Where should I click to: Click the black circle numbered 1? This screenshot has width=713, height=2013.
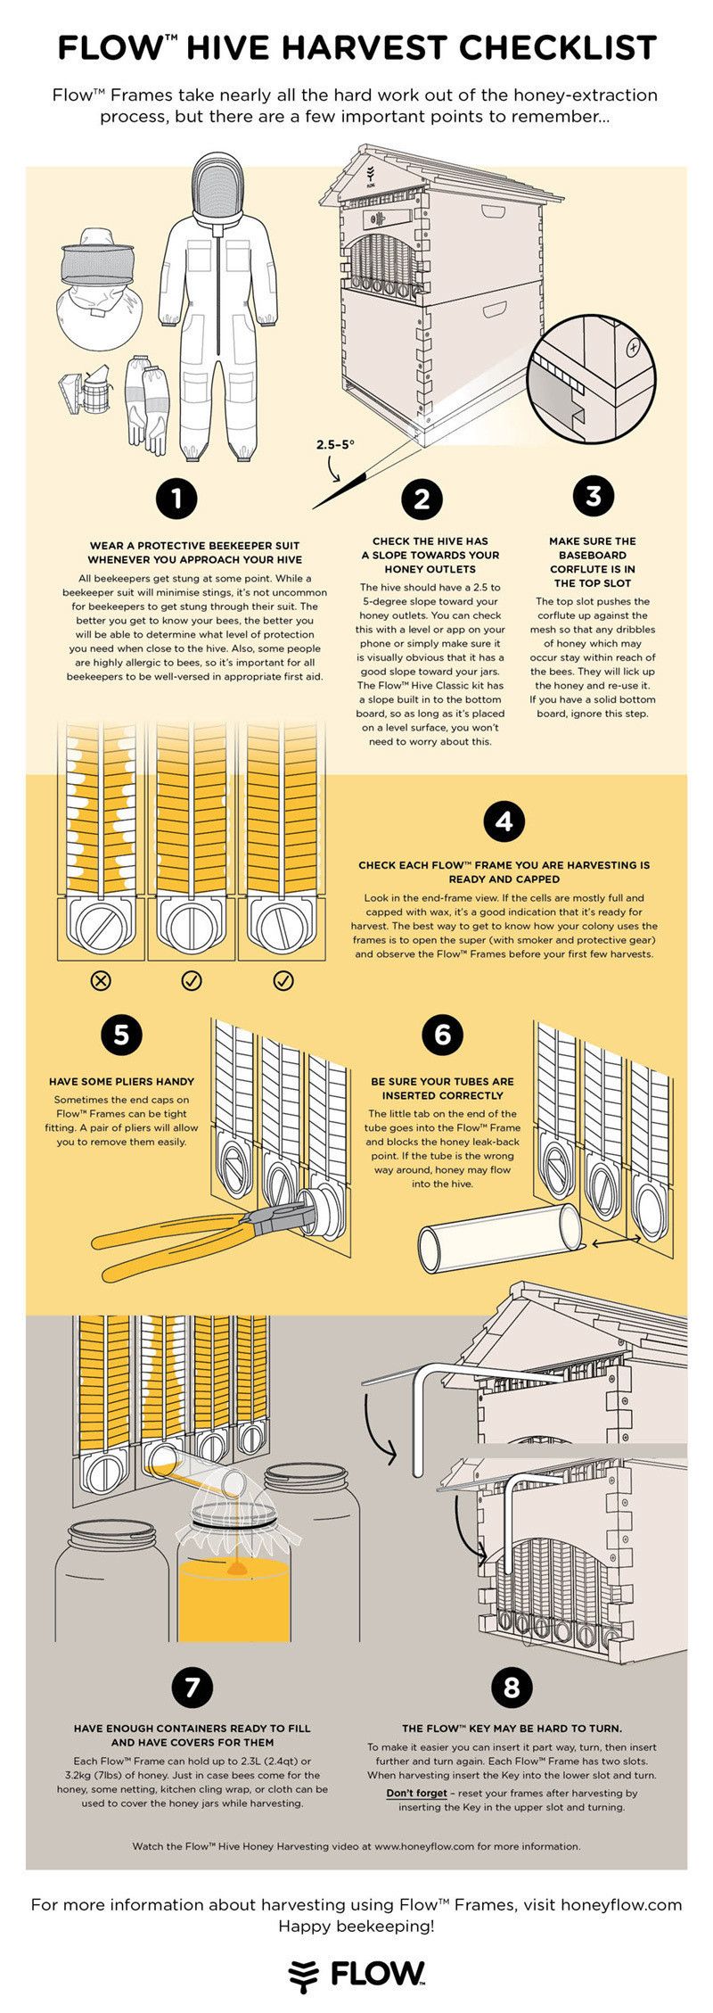tap(176, 497)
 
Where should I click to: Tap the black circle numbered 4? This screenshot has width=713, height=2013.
tap(504, 821)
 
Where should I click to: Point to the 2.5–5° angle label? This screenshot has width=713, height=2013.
tap(335, 443)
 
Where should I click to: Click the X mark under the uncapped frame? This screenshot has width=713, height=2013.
tap(102, 981)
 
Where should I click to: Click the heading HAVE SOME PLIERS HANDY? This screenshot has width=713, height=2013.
tap(121, 1081)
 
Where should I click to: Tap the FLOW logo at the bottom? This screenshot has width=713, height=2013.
tap(356, 1973)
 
